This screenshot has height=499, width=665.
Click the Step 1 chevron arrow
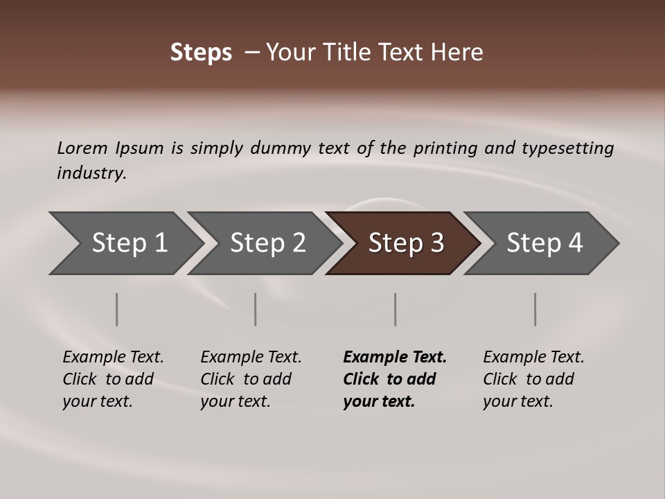pos(125,243)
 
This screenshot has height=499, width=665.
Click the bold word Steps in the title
pos(201,53)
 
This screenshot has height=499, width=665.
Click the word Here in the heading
pos(456,53)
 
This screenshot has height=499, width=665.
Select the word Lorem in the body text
pos(82,148)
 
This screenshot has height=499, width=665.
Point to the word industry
pos(91,173)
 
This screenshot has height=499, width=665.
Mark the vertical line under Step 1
pos(117,309)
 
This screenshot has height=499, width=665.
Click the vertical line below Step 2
pos(256,309)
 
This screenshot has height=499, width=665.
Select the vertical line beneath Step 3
pos(395,309)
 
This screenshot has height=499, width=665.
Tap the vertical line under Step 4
pos(535,309)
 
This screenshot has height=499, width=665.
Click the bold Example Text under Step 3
pos(395,358)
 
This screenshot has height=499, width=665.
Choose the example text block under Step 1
pos(113,379)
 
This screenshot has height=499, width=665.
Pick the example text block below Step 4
pos(533,379)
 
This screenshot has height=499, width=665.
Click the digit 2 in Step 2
pos(299,243)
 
